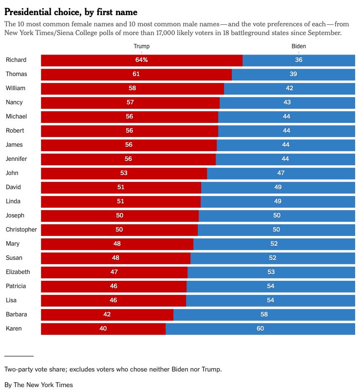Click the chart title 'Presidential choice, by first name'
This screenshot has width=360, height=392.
click(71, 12)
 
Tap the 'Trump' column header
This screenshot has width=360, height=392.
click(141, 46)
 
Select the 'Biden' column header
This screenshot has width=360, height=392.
click(299, 46)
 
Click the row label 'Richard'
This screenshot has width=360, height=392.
click(16, 60)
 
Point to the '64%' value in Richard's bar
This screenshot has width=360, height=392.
click(141, 60)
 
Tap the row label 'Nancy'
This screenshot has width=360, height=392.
click(14, 102)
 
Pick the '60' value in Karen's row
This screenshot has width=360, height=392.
click(260, 329)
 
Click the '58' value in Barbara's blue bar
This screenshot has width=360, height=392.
click(264, 314)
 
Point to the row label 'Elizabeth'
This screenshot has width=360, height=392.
click(18, 272)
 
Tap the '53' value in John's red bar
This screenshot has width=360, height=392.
click(124, 173)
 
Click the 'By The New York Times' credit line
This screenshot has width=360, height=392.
click(38, 385)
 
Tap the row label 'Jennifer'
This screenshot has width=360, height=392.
click(17, 159)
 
